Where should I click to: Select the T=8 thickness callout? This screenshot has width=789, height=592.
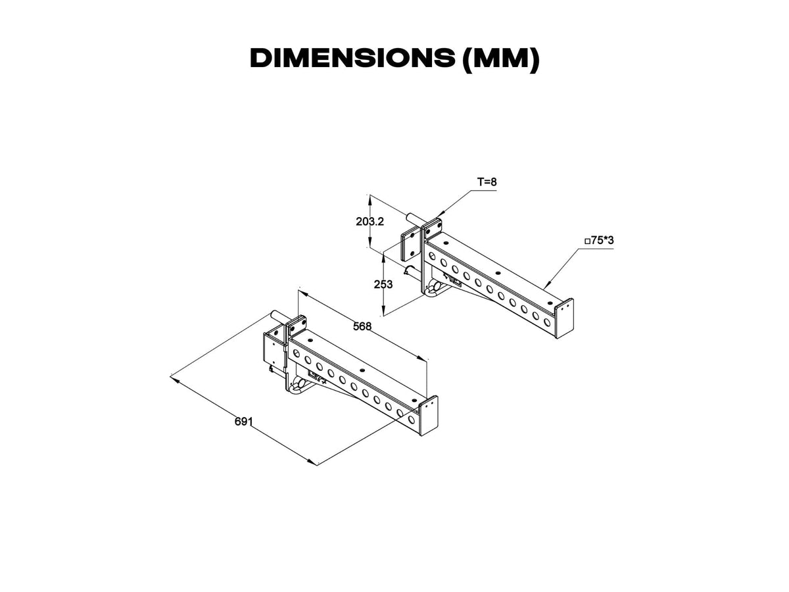(487, 182)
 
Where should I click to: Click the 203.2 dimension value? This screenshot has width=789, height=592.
(370, 222)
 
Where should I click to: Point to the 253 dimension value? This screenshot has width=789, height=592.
(383, 284)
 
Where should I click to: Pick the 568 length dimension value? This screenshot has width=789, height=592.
(362, 326)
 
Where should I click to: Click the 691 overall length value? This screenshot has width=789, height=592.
(244, 421)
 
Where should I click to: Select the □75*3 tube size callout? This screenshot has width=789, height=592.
(599, 241)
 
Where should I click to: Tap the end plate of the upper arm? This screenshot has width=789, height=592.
(564, 318)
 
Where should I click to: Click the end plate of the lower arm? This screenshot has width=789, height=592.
(429, 416)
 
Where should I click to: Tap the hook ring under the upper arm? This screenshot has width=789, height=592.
(432, 289)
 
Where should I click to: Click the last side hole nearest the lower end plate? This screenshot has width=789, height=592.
(412, 419)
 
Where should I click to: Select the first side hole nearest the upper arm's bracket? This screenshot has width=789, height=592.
(432, 257)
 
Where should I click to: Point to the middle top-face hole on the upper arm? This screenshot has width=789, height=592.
(498, 273)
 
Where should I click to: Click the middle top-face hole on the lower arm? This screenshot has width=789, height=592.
(362, 370)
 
